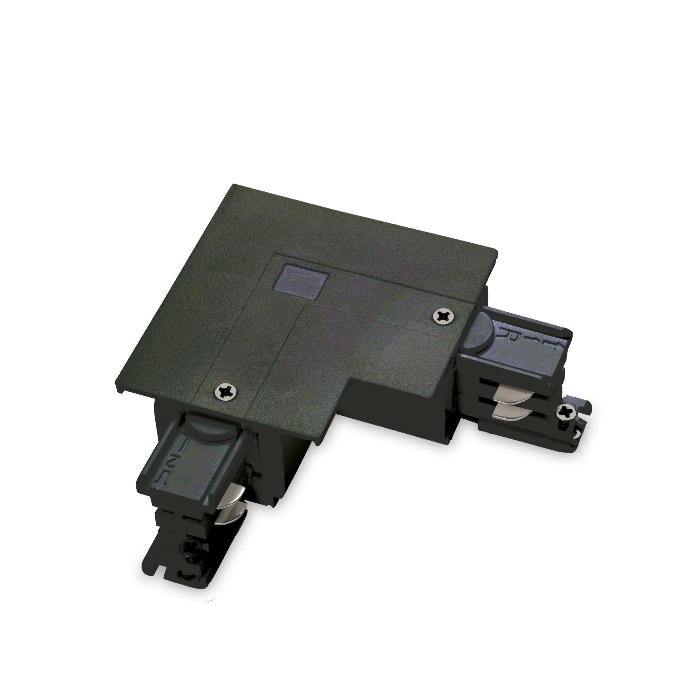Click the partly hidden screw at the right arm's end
coord(576,433)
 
